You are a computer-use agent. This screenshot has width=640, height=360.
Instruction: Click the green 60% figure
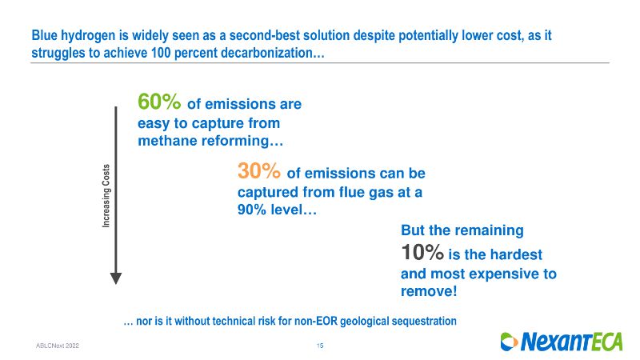coord(159,102)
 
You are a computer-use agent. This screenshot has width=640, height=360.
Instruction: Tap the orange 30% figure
coord(258,170)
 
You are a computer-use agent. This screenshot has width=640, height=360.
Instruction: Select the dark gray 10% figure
coord(422,252)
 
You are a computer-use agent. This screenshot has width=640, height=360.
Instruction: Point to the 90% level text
coord(277,210)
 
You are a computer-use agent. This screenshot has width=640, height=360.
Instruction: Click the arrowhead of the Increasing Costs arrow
coord(116,278)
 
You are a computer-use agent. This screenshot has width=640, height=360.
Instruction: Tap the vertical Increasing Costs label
coord(106,195)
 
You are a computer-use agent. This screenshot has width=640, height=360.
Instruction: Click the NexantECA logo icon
coord(509,342)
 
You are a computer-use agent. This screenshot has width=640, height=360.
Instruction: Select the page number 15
coord(320,346)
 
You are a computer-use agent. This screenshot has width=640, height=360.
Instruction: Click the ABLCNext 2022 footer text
coord(58,346)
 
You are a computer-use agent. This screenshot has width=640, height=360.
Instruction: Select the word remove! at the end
coord(429,291)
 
